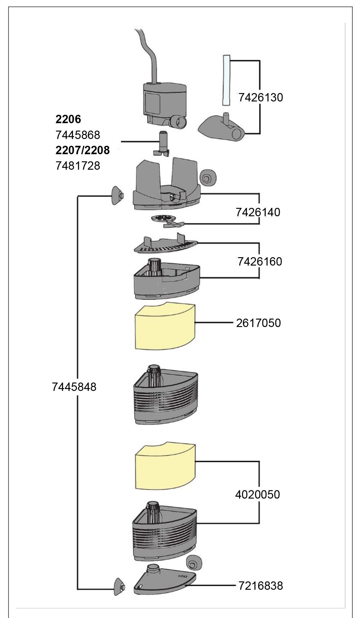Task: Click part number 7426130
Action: [260, 97]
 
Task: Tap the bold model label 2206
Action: [68, 119]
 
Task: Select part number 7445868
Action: [78, 135]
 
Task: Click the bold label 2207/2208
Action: [82, 150]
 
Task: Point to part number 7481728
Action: [78, 166]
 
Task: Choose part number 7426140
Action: [258, 212]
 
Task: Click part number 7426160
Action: [260, 262]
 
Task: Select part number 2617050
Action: [259, 323]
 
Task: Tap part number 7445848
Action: [74, 387]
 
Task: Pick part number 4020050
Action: [257, 494]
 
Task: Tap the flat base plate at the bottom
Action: [164, 580]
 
